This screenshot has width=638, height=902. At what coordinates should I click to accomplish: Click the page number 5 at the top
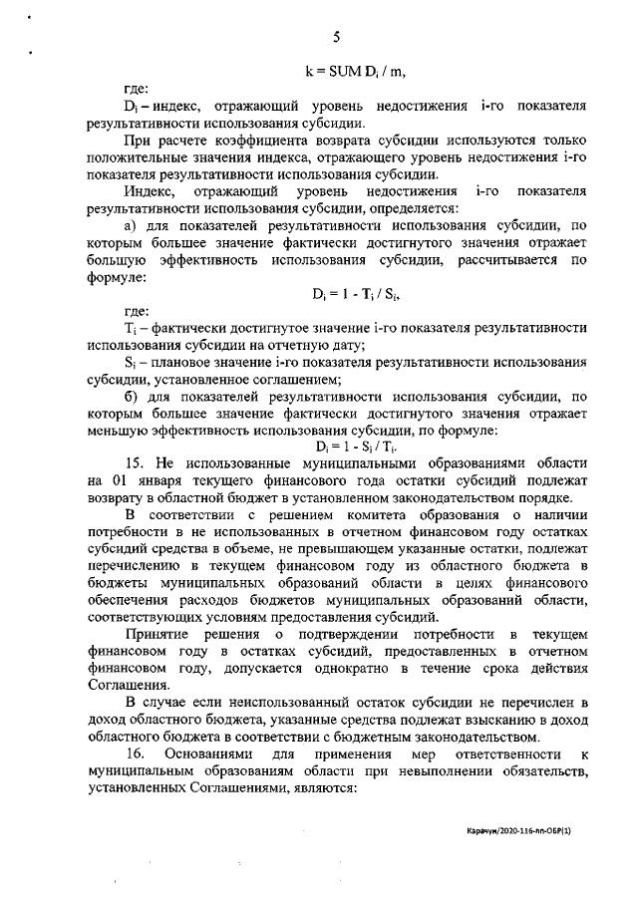pos(337,38)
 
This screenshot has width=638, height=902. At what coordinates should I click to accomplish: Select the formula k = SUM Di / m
pos(356,71)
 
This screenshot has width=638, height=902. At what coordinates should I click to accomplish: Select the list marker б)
pos(129,396)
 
